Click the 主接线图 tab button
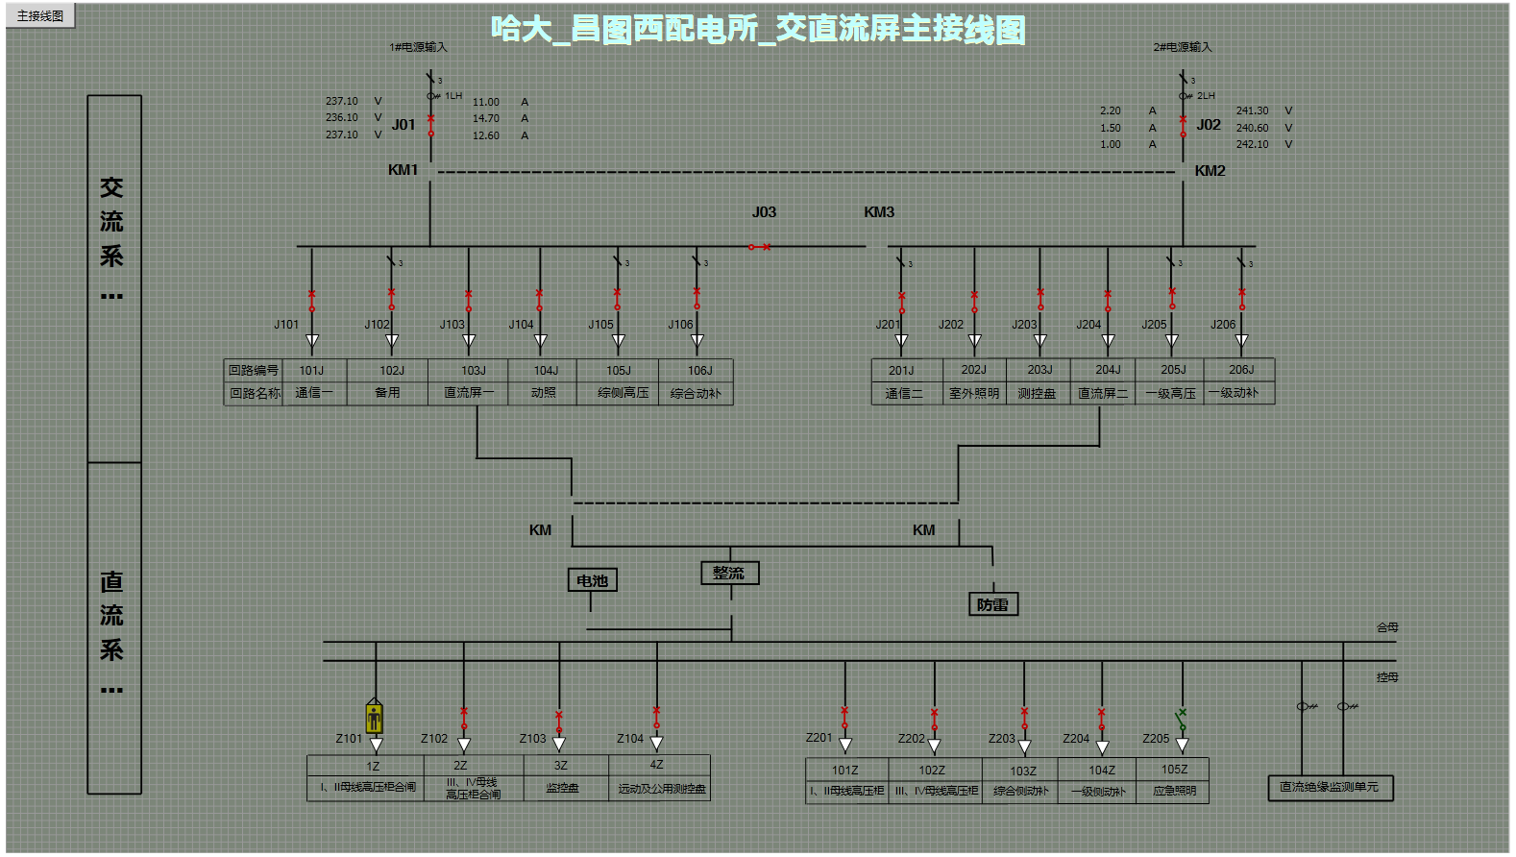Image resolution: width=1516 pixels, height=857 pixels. (x=40, y=15)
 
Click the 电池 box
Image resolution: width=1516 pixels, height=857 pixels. (x=592, y=580)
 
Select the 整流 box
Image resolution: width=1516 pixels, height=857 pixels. (x=729, y=573)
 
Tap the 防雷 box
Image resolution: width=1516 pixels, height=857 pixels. (x=992, y=604)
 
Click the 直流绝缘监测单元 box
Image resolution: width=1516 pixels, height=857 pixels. (x=1329, y=787)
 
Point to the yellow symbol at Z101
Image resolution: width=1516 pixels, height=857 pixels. (x=375, y=717)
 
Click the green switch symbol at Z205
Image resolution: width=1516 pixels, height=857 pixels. (x=1182, y=720)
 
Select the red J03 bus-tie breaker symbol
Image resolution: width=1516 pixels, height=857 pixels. (x=759, y=247)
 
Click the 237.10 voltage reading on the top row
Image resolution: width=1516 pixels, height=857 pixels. (x=341, y=101)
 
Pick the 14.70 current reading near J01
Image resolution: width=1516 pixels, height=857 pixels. (x=485, y=118)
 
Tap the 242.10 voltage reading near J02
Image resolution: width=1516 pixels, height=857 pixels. (x=1252, y=144)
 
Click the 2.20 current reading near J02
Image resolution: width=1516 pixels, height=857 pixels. (x=1111, y=110)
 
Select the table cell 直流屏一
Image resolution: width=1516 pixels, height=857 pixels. (x=468, y=393)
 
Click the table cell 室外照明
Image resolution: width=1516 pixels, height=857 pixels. (x=973, y=393)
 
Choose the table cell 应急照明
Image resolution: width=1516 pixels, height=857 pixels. (x=1174, y=791)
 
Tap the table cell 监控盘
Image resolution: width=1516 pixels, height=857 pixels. (x=562, y=788)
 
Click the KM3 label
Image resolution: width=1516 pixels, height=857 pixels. (x=878, y=212)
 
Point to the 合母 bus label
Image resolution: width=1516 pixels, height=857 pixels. (x=1387, y=627)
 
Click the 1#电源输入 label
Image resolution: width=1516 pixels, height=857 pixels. (x=418, y=47)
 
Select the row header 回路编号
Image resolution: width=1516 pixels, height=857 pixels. (x=253, y=370)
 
